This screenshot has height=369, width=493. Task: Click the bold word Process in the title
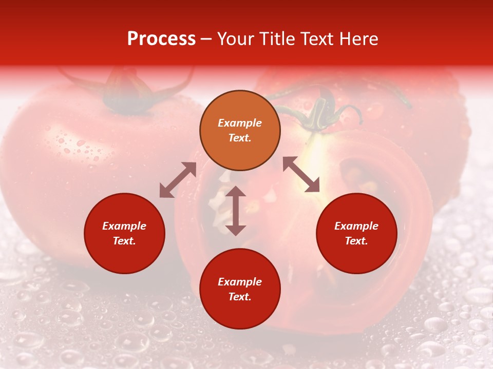point(161,39)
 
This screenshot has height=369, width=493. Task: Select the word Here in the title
point(359,39)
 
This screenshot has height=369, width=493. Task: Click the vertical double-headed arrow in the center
point(236,211)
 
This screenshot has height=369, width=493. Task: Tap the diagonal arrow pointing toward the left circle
point(178,180)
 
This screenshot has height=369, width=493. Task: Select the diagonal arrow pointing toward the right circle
point(301,174)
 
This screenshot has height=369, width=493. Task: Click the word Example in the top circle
point(240,123)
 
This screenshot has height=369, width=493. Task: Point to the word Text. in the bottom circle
point(240,297)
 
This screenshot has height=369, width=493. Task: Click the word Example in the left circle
point(124,226)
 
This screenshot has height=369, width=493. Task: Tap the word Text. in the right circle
point(356,241)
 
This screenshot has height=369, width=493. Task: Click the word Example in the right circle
point(356,226)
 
